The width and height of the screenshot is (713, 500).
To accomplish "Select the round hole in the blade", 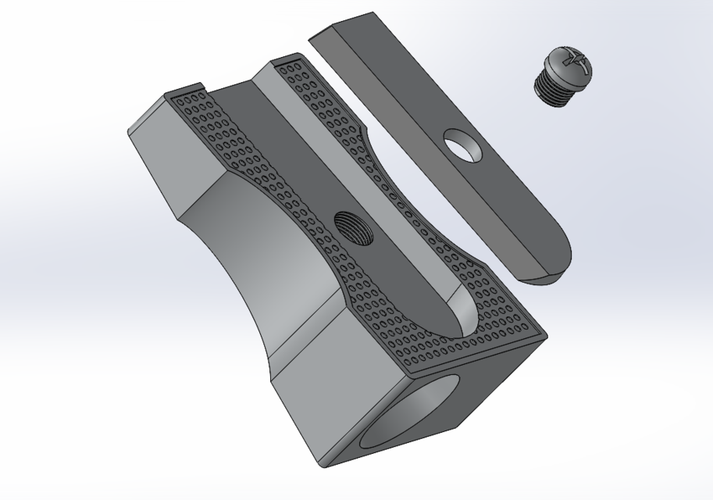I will pyautogui.click(x=464, y=145).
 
